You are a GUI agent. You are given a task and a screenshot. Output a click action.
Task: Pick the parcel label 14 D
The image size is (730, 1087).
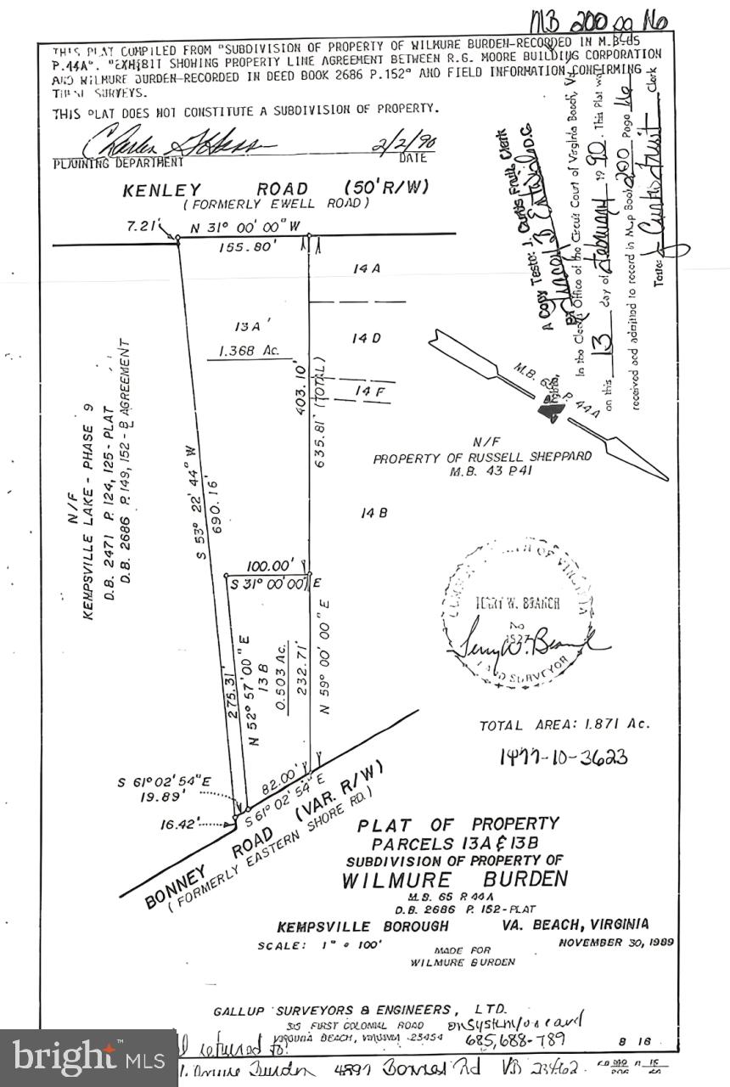click(x=367, y=338)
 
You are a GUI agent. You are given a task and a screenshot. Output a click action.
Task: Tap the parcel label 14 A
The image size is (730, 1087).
click(x=367, y=268)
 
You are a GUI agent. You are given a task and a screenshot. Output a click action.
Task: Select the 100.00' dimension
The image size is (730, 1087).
click(x=270, y=565)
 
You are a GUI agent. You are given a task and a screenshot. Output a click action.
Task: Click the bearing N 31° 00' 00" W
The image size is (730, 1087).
click(x=247, y=228)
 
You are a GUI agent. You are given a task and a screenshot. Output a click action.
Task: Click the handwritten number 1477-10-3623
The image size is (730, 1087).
click(x=564, y=757)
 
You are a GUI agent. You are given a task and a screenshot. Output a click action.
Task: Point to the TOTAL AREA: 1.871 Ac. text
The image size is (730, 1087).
click(x=564, y=724)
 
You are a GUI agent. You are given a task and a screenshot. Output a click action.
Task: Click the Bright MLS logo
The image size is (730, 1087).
click(x=88, y=1058)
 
